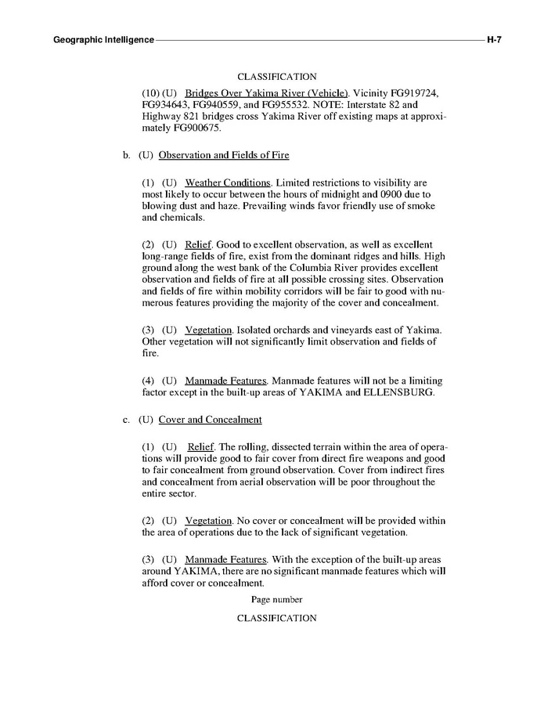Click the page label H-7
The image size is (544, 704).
pyautogui.click(x=494, y=39)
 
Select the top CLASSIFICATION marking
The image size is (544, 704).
pyautogui.click(x=276, y=77)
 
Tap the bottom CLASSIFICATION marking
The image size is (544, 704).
pyautogui.click(x=276, y=618)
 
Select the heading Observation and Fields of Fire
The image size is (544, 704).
pyautogui.click(x=224, y=155)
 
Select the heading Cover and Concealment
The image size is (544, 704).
pyautogui.click(x=210, y=420)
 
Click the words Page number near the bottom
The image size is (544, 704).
pyautogui.click(x=276, y=599)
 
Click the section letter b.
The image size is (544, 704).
pyautogui.click(x=126, y=155)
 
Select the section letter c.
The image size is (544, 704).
pyautogui.click(x=126, y=420)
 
